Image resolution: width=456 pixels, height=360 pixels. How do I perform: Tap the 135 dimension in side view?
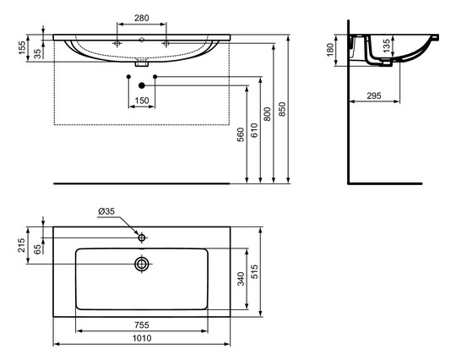click(x=386, y=46)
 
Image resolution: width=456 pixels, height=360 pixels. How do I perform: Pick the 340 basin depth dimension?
click(x=240, y=278)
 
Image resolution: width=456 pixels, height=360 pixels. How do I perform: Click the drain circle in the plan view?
click(x=141, y=264)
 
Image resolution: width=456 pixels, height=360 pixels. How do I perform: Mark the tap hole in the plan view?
click(x=141, y=239)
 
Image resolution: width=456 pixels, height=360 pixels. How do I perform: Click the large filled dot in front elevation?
click(x=141, y=85)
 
